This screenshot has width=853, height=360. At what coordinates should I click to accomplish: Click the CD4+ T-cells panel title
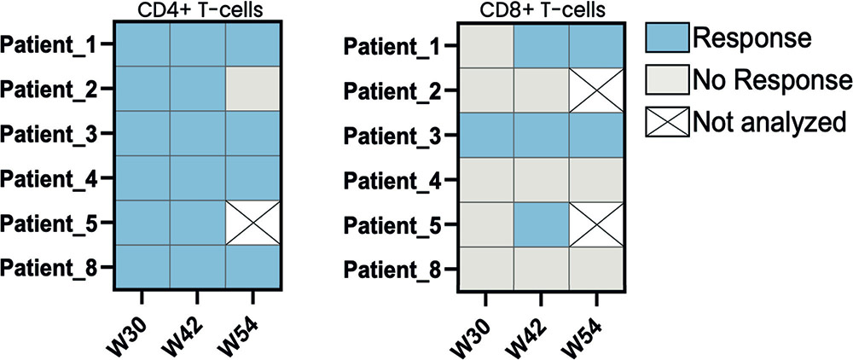[197, 9]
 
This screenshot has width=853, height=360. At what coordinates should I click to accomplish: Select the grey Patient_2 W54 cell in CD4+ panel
[253, 88]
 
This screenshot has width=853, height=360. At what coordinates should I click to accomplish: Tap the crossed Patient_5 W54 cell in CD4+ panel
[253, 223]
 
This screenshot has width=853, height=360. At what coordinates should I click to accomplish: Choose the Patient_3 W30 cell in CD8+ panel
[486, 133]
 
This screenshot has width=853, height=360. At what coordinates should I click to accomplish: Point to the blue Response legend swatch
[664, 38]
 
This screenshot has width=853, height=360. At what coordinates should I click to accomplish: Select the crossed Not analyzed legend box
[664, 122]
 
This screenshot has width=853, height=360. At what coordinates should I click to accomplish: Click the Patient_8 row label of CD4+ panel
[50, 268]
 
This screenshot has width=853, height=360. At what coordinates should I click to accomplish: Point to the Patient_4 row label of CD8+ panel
[396, 178]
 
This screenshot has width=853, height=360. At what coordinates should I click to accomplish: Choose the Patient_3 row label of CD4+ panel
[50, 133]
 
